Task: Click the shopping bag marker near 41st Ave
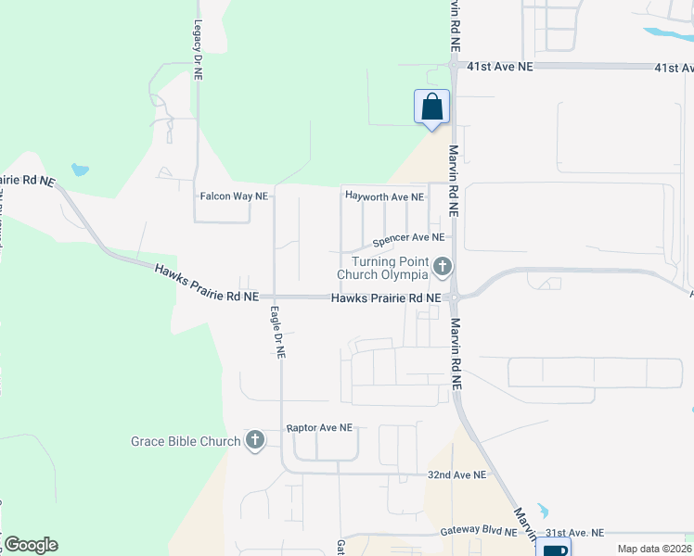[x=431, y=106]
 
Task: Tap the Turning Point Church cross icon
[x=443, y=268]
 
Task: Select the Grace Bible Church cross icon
[x=255, y=441]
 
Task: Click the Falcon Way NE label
[x=234, y=196]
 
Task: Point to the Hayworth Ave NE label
[x=384, y=196]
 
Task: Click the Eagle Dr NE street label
[x=277, y=332]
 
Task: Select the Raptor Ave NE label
[x=319, y=428]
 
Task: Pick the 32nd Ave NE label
[x=456, y=474]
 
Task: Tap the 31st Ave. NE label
[x=574, y=533]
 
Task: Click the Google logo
[x=31, y=545]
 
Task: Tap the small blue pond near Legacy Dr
[x=80, y=171]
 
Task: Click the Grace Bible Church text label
[x=186, y=441]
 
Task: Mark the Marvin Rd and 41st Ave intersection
[x=455, y=66]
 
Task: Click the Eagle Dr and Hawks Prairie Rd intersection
[x=276, y=297]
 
